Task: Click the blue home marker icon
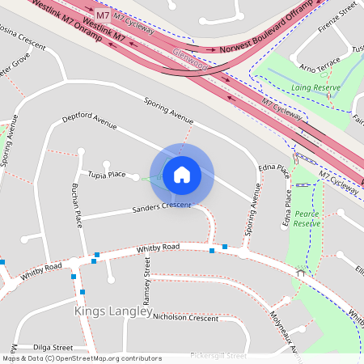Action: point(182,174)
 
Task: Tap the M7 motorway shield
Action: point(103,15)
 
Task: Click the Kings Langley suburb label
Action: point(113,311)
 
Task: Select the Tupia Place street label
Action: point(107,174)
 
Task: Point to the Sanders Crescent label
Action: point(161,208)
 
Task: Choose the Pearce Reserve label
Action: point(307,218)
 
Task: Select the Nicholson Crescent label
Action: point(185,318)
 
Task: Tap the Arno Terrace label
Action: point(319,65)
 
